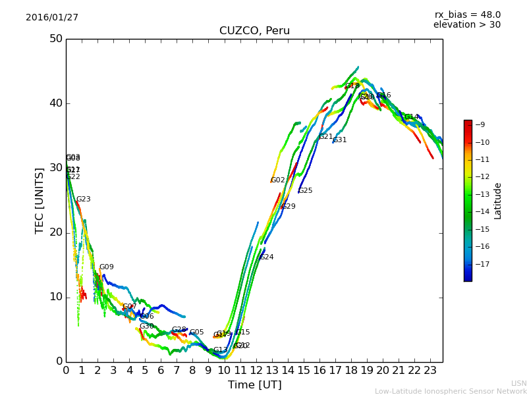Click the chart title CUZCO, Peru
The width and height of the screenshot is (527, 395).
tap(254, 31)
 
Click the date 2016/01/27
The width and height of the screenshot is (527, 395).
tap(52, 18)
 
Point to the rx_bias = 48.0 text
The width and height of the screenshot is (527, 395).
tap(467, 15)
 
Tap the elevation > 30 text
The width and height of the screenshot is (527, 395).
tap(466, 25)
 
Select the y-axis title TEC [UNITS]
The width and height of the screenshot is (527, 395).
tap(40, 200)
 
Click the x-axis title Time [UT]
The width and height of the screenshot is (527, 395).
tap(254, 384)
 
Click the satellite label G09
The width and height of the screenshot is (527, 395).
tap(106, 267)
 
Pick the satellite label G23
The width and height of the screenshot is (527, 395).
tap(83, 199)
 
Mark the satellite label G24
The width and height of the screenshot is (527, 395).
tap(266, 257)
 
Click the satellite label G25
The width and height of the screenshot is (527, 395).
tap(305, 191)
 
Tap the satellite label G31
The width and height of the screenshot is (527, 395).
tap(339, 140)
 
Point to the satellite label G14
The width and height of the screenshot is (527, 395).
tap(411, 117)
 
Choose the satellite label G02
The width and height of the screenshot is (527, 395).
tap(277, 180)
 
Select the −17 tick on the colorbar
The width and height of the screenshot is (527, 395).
tap(482, 264)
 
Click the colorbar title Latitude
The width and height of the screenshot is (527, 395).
tap(498, 201)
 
